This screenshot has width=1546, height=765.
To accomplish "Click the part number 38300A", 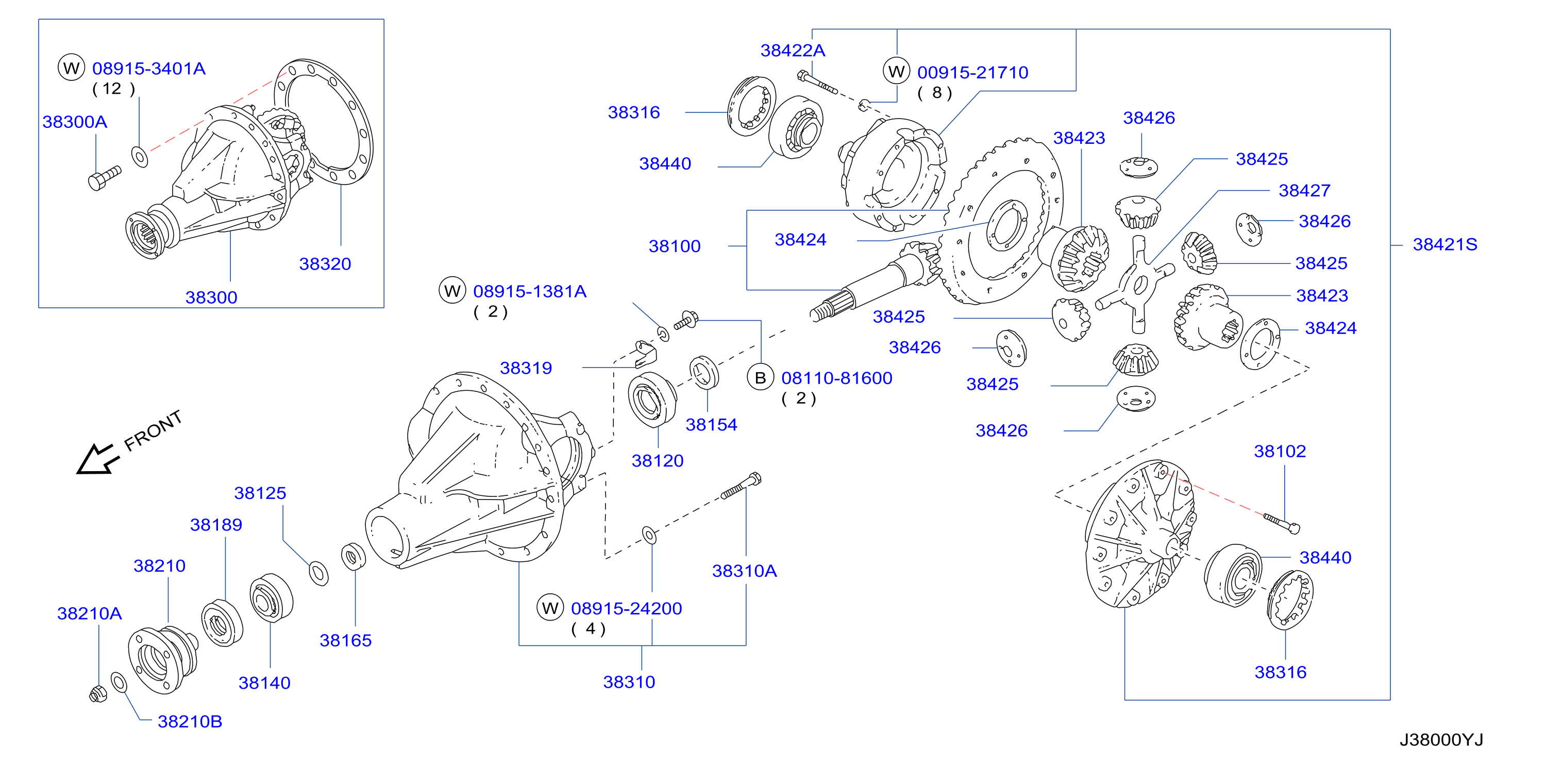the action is pos(75,122).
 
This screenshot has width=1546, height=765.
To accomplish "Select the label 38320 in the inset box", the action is pos(325,263).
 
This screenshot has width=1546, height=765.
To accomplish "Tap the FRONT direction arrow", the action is pos(97,459).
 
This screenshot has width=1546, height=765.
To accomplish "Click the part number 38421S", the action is pos(1444,244).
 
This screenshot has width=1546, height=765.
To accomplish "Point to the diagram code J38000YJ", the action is pos(1441,739).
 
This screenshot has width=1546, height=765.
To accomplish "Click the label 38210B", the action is pos(190,721).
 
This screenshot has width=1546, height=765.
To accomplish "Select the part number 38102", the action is pos(1280,451).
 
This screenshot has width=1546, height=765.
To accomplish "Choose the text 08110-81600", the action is pos(836,378).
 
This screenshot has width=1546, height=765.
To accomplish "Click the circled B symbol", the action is pos(761,378).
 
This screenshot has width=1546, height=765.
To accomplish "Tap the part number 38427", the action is pos(1305,190).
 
